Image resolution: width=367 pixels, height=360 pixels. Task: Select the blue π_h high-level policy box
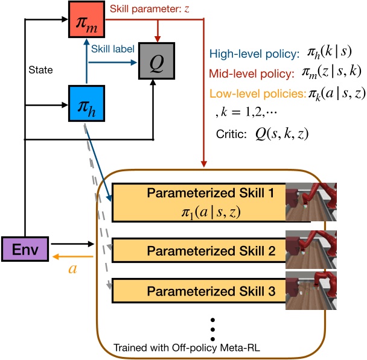86,104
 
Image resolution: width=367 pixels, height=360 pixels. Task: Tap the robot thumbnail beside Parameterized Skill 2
311,248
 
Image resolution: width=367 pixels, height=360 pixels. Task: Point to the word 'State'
42,71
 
